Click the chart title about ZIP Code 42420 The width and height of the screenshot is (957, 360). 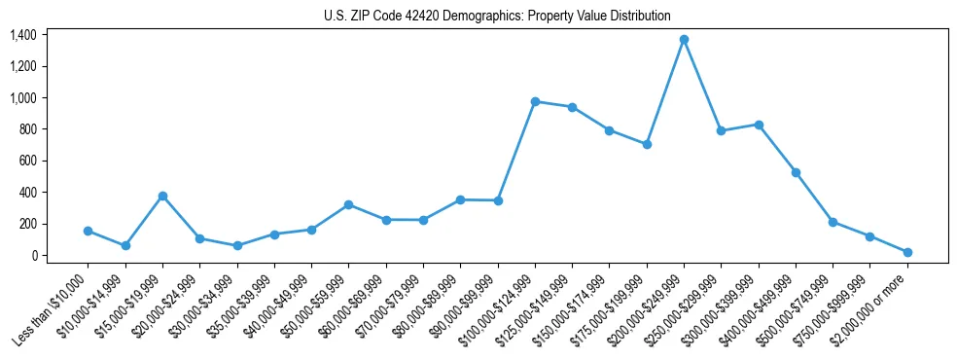pyautogui.click(x=497, y=16)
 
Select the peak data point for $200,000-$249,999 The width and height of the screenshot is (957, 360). pyautogui.click(x=684, y=40)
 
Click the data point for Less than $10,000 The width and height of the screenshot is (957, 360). pyautogui.click(x=88, y=232)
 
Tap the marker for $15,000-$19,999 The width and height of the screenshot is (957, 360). pyautogui.click(x=162, y=196)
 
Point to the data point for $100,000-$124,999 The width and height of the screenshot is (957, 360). pyautogui.click(x=535, y=101)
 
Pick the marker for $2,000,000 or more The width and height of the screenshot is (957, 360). pyautogui.click(x=907, y=252)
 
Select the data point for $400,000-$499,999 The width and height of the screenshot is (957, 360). pyautogui.click(x=796, y=172)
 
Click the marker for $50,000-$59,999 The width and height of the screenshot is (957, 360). pyautogui.click(x=348, y=204)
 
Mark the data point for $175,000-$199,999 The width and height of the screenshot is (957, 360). pyautogui.click(x=647, y=144)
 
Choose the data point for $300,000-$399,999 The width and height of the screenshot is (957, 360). pyautogui.click(x=759, y=125)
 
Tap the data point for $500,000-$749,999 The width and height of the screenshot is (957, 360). pyautogui.click(x=833, y=222)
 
